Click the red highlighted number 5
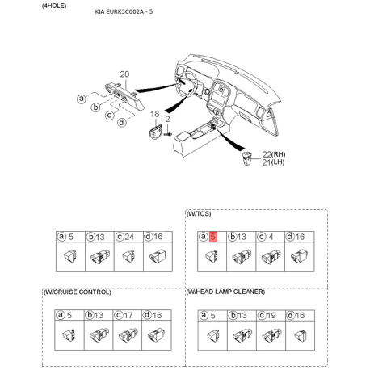coord(213,237)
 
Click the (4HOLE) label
coord(54,6)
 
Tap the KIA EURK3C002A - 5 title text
coord(124,11)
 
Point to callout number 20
coord(124,74)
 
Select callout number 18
coord(155,114)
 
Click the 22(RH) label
coord(274,154)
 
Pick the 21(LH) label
coord(273,162)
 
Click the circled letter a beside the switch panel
coord(82,99)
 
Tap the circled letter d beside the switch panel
coord(122,123)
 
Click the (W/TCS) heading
coord(199,214)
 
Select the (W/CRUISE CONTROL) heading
coord(78,292)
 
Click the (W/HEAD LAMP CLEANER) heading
coord(225,292)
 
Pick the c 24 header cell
coord(128,237)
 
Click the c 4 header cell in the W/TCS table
coord(271,237)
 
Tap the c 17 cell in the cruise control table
coord(128,315)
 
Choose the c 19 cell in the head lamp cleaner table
coord(271,315)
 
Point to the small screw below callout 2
coord(168,133)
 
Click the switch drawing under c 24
coord(128,256)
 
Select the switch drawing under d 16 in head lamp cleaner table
coord(301,335)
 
